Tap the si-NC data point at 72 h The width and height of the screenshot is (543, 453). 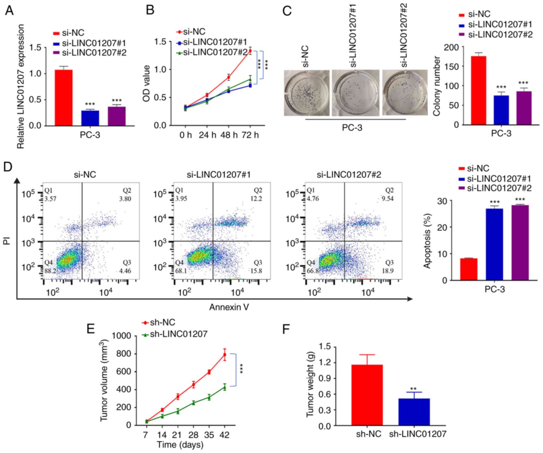click(250, 51)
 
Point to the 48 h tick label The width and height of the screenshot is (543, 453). click(229, 135)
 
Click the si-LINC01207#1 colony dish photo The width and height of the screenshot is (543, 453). click(355, 93)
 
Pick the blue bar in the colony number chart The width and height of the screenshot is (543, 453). click(501, 110)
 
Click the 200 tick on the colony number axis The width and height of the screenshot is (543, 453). click(452, 47)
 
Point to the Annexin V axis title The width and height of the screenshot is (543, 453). click(229, 307)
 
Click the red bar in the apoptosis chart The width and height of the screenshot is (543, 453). click(468, 269)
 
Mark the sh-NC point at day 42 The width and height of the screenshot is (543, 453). click(225, 355)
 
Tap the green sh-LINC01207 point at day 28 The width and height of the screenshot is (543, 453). click(193, 402)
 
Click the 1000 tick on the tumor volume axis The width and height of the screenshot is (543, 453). click(123, 336)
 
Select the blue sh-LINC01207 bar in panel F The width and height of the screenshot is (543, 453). click(414, 412)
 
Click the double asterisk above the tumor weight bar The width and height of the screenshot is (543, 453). click(414, 389)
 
